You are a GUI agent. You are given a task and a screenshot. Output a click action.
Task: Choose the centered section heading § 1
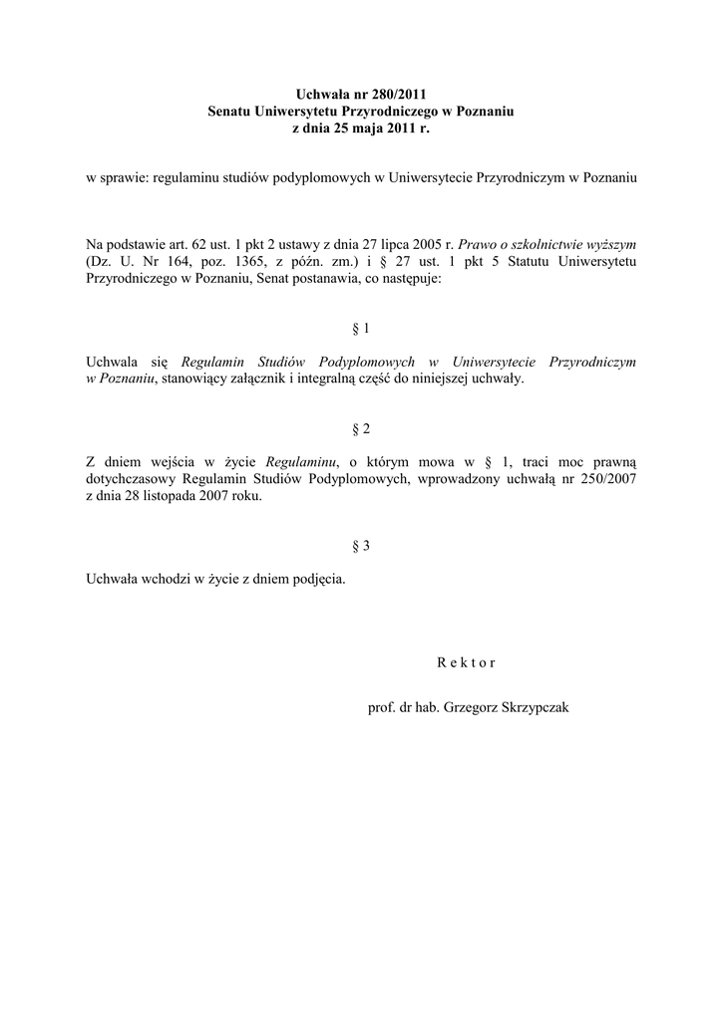pyautogui.click(x=361, y=328)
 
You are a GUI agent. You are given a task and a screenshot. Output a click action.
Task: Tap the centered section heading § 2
pyautogui.click(x=361, y=428)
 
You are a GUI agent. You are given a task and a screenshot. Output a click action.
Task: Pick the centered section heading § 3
pyautogui.click(x=361, y=546)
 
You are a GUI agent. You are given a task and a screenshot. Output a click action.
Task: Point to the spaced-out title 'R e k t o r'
pyautogui.click(x=466, y=662)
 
